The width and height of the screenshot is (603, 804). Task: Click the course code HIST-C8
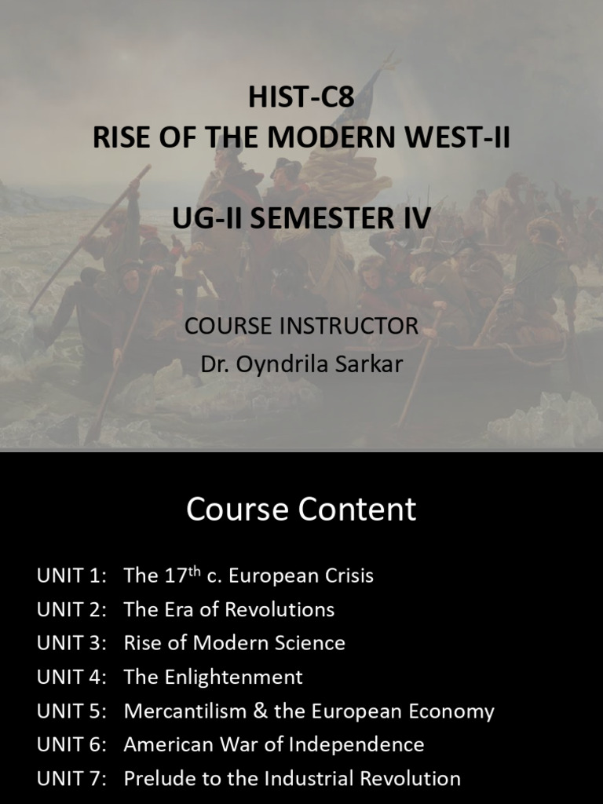pos(301,98)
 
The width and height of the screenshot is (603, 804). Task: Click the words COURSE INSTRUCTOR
pos(301,326)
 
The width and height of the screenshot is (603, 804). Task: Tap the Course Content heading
pos(301,510)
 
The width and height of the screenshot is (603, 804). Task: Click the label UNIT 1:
pos(71,576)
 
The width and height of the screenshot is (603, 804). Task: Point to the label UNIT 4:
pos(71,677)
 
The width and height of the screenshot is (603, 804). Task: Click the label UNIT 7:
pos(71,778)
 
